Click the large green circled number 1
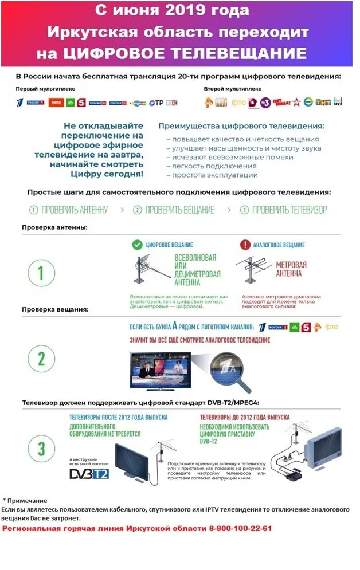[41, 273]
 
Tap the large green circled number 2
[41, 359]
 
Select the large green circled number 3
[41, 448]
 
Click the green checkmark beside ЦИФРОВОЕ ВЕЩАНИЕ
[137, 245]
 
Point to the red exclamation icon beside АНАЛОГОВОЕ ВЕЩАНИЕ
[244, 245]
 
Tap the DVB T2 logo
[89, 473]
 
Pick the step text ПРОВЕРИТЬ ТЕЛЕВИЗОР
[289, 210]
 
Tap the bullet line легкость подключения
[203, 166]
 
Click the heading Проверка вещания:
[55, 309]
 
